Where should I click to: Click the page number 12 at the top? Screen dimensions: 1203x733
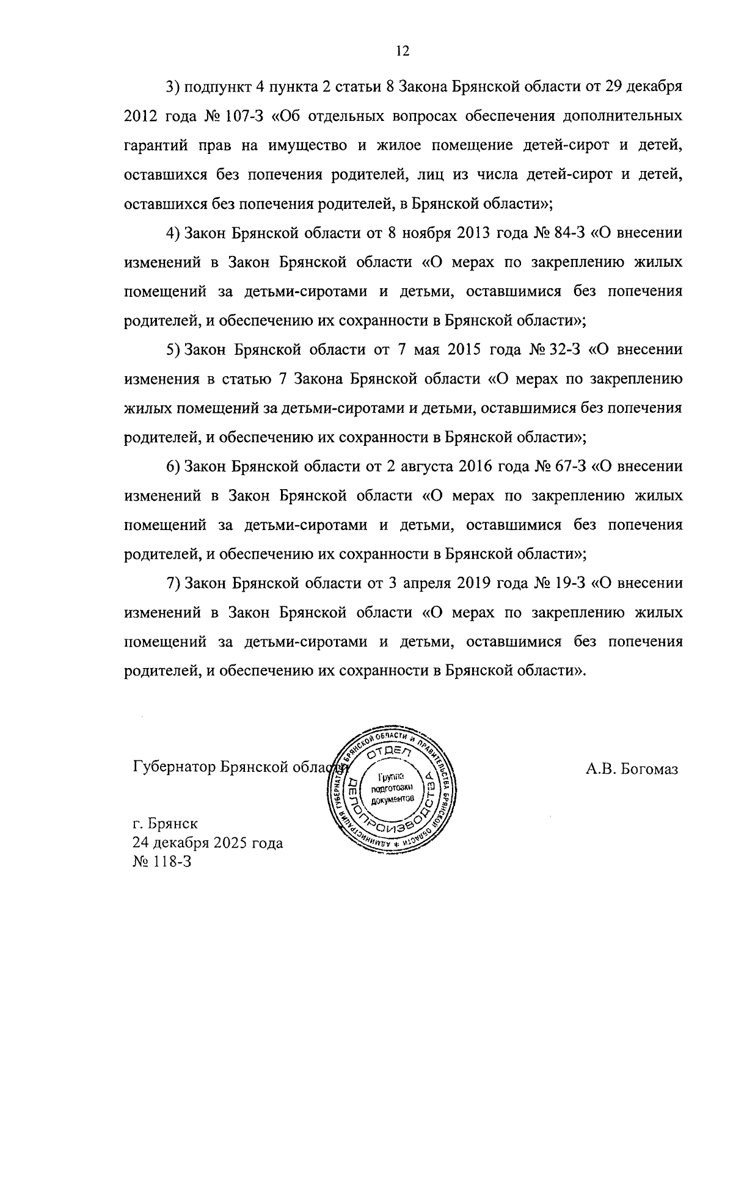point(402,51)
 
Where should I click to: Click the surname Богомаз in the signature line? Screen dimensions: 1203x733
point(649,769)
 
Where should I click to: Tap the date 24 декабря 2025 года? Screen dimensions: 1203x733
point(208,843)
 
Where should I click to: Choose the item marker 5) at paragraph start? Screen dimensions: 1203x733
point(172,350)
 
